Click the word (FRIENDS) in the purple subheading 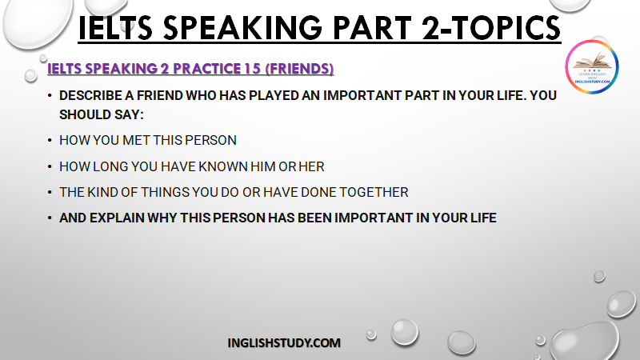click(299, 69)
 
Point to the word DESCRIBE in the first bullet click(90, 95)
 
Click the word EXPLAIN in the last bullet click(117, 218)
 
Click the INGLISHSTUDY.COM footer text click(284, 343)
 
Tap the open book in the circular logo click(592, 62)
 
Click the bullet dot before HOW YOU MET click(50, 141)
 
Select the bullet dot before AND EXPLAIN click(50, 218)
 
